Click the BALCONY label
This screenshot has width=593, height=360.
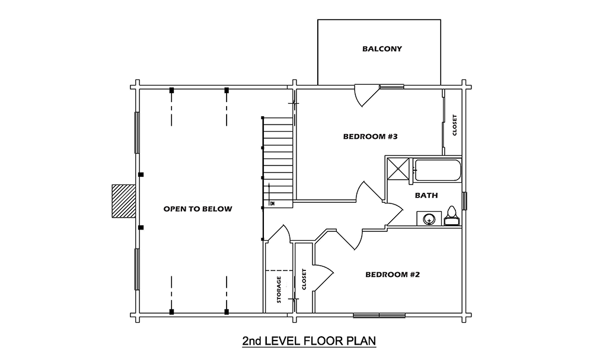click(x=382, y=49)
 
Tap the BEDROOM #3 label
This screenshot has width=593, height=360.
click(x=370, y=136)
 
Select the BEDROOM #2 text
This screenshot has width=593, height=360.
click(x=393, y=275)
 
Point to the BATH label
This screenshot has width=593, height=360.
click(x=426, y=196)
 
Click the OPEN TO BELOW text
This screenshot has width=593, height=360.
click(x=198, y=209)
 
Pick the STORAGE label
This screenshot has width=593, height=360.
click(x=279, y=289)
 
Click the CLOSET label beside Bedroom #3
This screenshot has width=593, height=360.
click(x=455, y=125)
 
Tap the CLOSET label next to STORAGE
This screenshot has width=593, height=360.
click(x=304, y=279)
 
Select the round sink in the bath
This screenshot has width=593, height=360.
click(x=429, y=219)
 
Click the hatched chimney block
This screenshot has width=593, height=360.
click(x=124, y=201)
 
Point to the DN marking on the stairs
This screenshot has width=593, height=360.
click(x=272, y=204)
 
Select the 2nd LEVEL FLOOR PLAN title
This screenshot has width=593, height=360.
click(x=309, y=340)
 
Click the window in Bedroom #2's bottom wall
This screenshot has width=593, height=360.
click(x=380, y=315)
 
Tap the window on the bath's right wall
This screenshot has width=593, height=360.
click(x=465, y=201)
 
